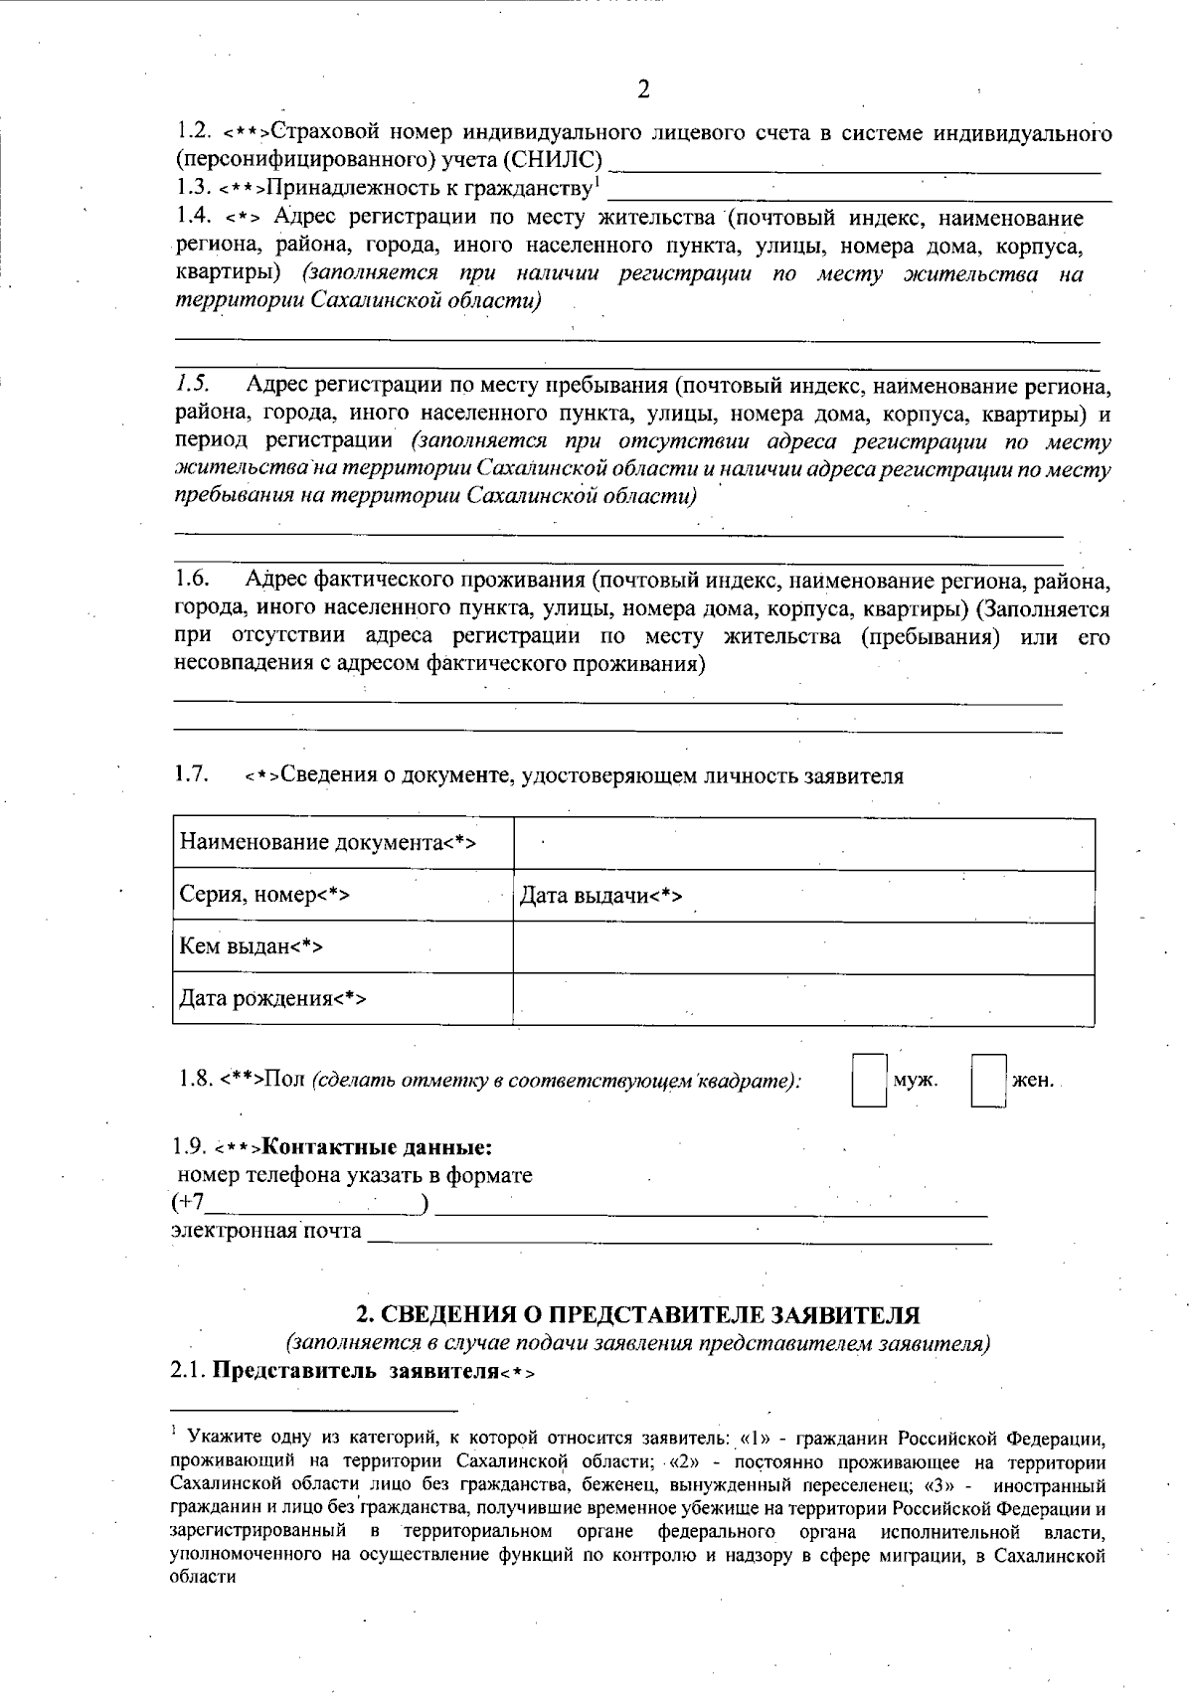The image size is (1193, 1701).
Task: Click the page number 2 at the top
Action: pyautogui.click(x=642, y=90)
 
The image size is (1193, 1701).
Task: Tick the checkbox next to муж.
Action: pyautogui.click(x=870, y=1081)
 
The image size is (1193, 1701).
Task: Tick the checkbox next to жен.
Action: pyautogui.click(x=989, y=1081)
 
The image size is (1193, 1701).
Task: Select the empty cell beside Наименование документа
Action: pyautogui.click(x=803, y=844)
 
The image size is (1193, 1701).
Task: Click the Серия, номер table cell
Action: pyautogui.click(x=342, y=896)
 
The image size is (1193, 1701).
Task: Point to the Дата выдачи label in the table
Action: pyautogui.click(x=600, y=897)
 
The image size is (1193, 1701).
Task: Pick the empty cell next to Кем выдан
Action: pyautogui.click(x=803, y=947)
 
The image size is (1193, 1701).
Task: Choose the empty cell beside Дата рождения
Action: pyautogui.click(x=803, y=999)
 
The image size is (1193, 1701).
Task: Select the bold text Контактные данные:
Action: pyautogui.click(x=378, y=1147)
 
